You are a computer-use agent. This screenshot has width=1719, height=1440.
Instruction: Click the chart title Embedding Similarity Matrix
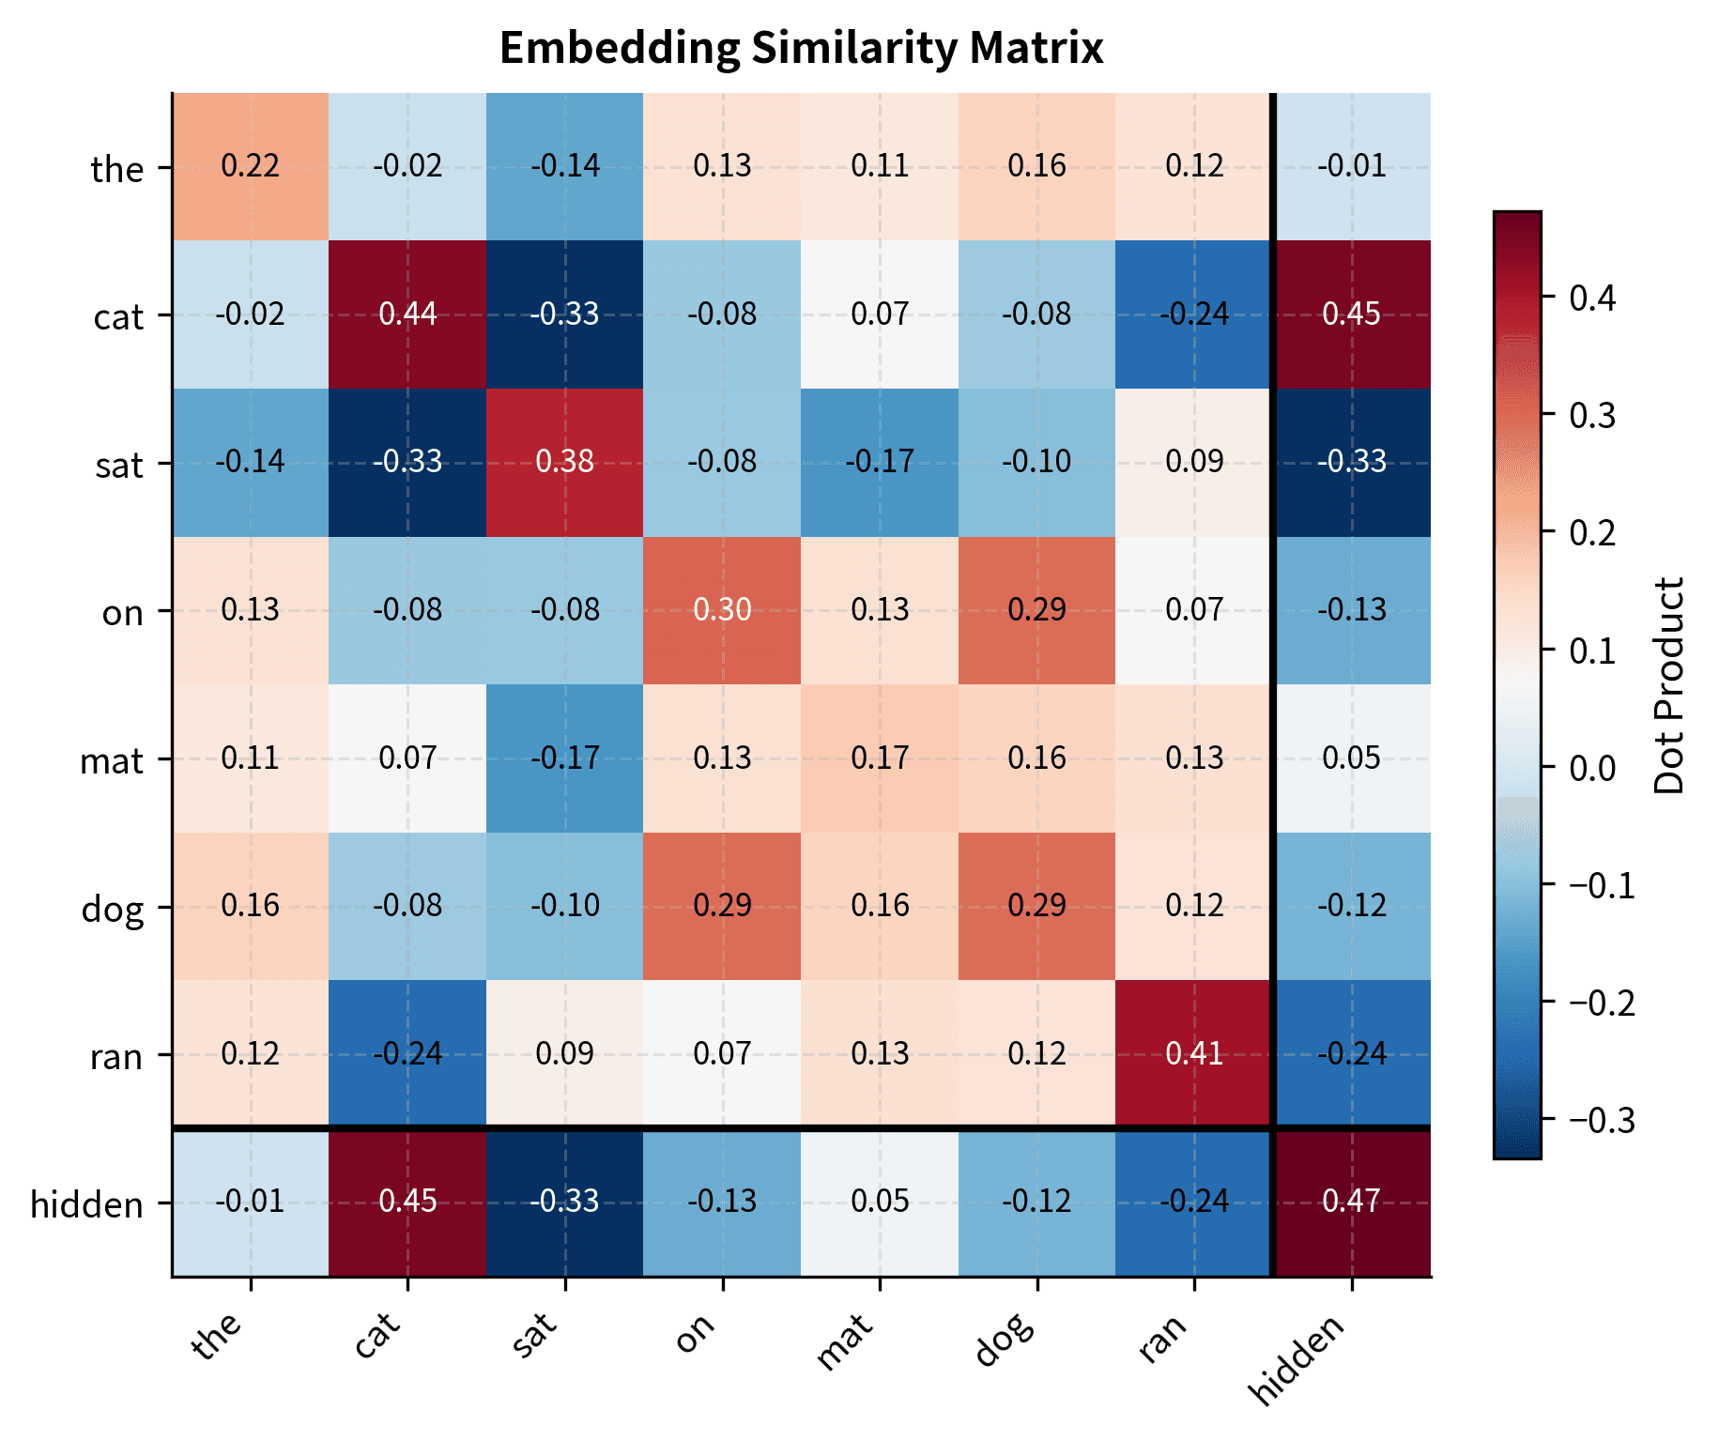point(801,48)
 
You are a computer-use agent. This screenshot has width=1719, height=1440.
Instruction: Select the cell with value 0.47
point(1351,1202)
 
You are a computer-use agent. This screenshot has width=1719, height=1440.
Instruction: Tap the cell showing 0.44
point(407,314)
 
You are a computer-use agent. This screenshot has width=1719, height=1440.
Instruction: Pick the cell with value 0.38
point(564,462)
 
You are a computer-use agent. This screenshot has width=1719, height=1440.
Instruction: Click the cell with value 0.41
point(1193,1053)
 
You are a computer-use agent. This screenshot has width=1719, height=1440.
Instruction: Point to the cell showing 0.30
point(722,610)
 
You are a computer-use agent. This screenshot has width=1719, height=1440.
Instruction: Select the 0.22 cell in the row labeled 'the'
point(250,166)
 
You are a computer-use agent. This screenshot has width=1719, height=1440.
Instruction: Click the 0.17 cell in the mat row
point(880,758)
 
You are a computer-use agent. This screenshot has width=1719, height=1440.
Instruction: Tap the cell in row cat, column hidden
point(1351,314)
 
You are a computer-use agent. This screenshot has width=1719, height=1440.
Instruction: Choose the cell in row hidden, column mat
point(880,1202)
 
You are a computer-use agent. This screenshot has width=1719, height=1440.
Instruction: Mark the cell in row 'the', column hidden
point(1351,166)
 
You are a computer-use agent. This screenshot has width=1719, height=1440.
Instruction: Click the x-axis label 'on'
point(697,1334)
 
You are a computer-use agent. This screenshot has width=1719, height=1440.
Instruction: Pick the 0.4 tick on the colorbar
point(1592,299)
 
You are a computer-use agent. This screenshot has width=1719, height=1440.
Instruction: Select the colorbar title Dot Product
point(1669,685)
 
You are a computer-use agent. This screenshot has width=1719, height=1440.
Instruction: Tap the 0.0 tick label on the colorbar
point(1592,768)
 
